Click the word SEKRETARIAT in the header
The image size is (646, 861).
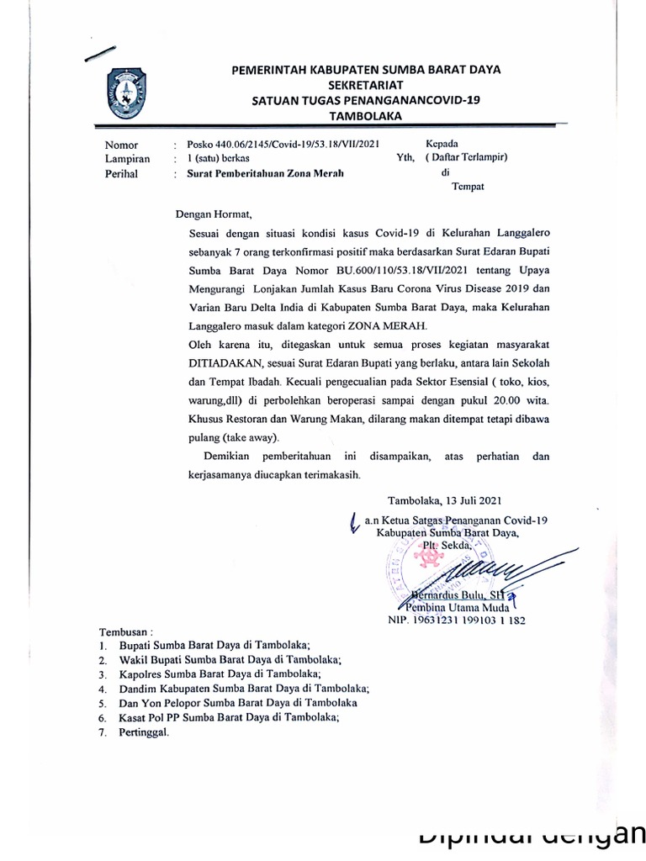[366, 85]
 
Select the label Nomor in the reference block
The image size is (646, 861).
[122, 145]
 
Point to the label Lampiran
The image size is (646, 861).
[128, 158]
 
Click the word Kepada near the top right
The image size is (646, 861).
[442, 144]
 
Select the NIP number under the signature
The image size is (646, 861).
[456, 621]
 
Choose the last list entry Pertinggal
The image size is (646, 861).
[145, 732]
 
